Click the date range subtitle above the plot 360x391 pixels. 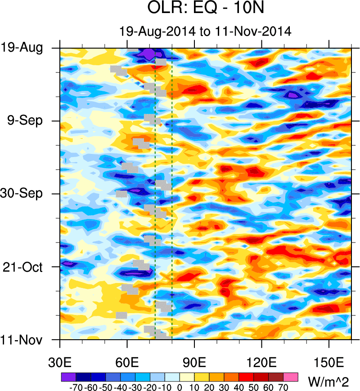pyautogui.click(x=205, y=31)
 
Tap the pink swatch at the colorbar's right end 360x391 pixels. pyautogui.click(x=291, y=376)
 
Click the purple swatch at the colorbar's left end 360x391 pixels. pyautogui.click(x=68, y=376)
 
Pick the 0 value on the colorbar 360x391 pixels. pyautogui.click(x=180, y=387)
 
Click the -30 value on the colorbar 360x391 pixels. pyautogui.click(x=135, y=387)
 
